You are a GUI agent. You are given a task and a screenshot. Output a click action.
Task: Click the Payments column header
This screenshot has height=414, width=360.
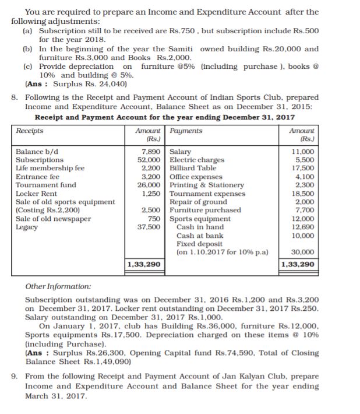pyautogui.click(x=186, y=131)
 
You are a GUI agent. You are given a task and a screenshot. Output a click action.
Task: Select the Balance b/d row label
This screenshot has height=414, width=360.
pyautogui.click(x=37, y=152)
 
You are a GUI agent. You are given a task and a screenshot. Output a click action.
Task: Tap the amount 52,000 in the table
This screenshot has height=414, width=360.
pyautogui.click(x=149, y=160)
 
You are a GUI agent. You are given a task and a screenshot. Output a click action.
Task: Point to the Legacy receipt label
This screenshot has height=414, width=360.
pyautogui.click(x=27, y=227)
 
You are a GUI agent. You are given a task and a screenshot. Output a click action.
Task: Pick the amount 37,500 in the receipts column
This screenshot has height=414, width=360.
pyautogui.click(x=149, y=227)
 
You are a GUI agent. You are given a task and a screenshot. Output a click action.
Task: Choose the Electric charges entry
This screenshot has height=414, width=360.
pyautogui.click(x=196, y=160)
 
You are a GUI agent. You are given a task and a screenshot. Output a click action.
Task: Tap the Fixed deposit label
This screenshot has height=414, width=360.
pyautogui.click(x=199, y=244)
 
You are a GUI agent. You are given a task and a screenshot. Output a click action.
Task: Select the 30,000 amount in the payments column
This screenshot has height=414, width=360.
pyautogui.click(x=302, y=252)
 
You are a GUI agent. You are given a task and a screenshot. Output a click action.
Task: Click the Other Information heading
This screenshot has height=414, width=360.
pyautogui.click(x=58, y=287)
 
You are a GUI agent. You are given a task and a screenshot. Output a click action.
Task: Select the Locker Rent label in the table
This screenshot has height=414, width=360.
pyautogui.click(x=37, y=193)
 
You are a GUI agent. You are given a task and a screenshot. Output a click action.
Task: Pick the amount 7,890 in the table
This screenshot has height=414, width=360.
pyautogui.click(x=150, y=152)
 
